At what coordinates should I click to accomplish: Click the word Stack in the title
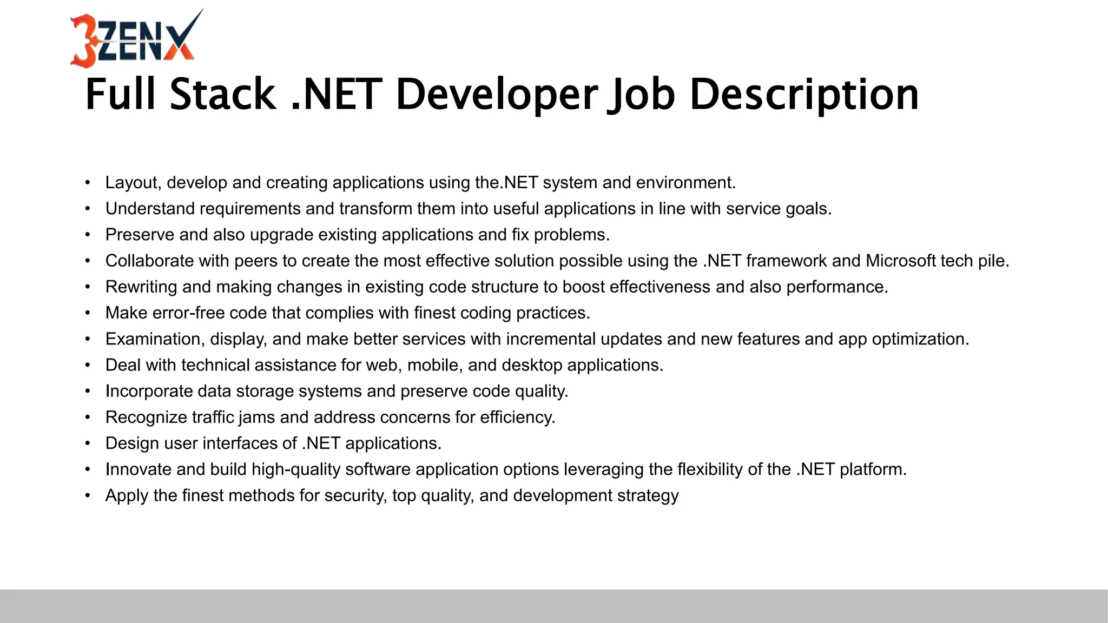coord(222,95)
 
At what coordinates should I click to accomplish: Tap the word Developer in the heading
coord(497,95)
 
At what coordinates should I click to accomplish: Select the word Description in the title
coord(804,95)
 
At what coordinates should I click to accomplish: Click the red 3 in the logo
coord(83,41)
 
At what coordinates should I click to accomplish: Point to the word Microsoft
coord(900,261)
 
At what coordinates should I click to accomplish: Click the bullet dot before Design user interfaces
coord(88,443)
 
